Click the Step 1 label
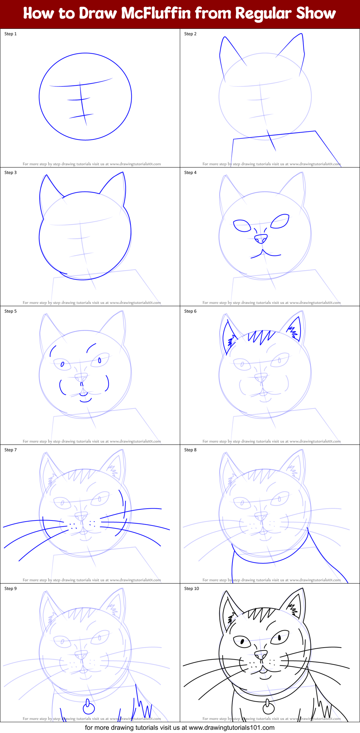(x=10, y=34)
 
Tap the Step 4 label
(x=190, y=173)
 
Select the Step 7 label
(x=10, y=450)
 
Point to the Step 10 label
(x=191, y=589)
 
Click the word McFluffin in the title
(x=156, y=13)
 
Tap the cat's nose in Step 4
(x=261, y=238)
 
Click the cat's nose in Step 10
(x=261, y=654)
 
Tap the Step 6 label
(x=190, y=311)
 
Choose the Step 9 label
(x=10, y=589)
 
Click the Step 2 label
(x=190, y=34)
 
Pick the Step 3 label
(x=10, y=173)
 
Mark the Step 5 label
(x=10, y=311)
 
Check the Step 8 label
(x=190, y=450)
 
